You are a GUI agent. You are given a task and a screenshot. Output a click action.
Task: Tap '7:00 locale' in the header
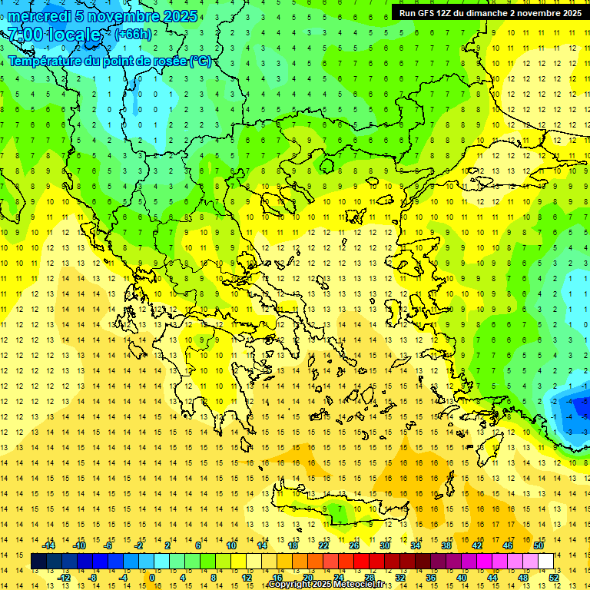[x=55, y=35]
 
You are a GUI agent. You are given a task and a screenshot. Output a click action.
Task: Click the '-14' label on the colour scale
[x=49, y=545]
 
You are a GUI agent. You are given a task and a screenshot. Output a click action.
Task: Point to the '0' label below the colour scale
[x=151, y=578]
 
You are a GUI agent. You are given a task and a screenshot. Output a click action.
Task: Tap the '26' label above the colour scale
[x=354, y=545]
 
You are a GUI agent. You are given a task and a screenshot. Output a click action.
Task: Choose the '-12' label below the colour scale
[x=64, y=578]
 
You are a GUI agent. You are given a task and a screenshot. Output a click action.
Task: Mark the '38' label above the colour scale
[x=446, y=545]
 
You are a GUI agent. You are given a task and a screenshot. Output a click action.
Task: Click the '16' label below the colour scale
[x=277, y=578]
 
